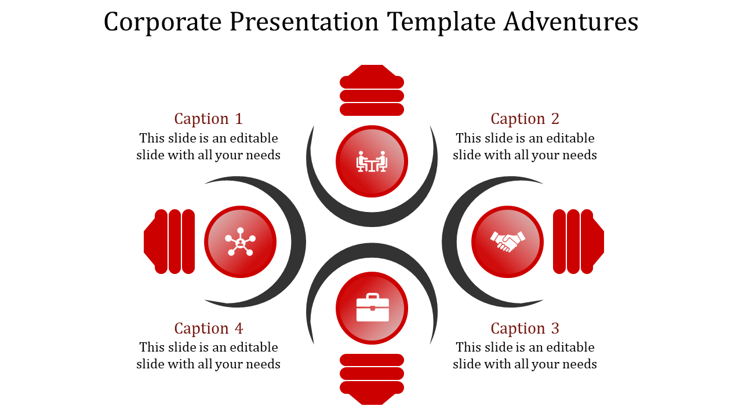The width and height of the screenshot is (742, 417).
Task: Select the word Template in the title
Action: [x=441, y=22]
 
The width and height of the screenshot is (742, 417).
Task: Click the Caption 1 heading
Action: [x=208, y=119]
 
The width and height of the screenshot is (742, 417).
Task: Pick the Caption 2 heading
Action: [x=525, y=119]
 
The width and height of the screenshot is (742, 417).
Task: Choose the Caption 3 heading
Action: [x=525, y=328]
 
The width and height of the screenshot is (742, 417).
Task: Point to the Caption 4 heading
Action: [x=208, y=328]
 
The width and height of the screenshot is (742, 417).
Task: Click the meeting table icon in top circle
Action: [x=372, y=162]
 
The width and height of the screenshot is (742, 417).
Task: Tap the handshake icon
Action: [x=507, y=242]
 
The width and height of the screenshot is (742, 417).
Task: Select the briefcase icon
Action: [x=372, y=308]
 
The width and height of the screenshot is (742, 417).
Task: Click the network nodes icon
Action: [x=240, y=242]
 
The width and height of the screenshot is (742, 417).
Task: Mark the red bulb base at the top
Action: [x=372, y=93]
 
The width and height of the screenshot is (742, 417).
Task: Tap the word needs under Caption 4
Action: [x=263, y=364]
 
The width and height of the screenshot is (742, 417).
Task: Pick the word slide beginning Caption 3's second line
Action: [x=467, y=364]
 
